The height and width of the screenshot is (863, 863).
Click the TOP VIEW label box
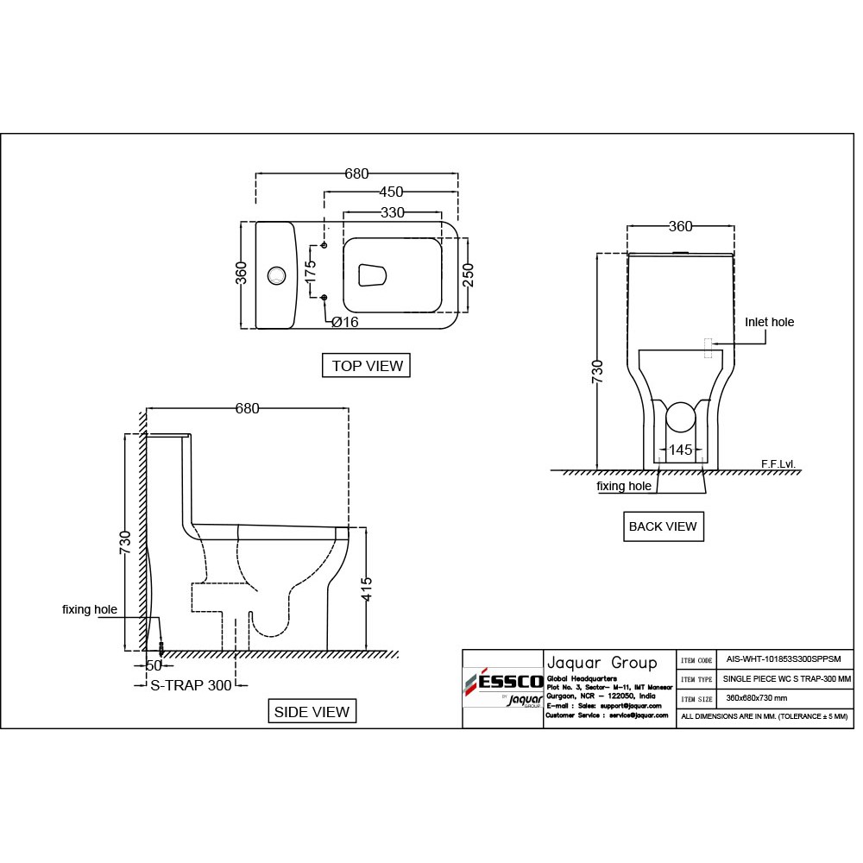[367, 366]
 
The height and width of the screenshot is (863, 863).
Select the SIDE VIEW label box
[312, 712]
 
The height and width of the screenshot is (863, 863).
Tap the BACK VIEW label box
[663, 526]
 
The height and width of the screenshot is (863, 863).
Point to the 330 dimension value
[393, 212]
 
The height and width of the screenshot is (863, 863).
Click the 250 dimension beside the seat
[469, 276]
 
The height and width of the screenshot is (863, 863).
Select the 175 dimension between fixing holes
[311, 271]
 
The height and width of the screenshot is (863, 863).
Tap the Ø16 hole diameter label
[344, 322]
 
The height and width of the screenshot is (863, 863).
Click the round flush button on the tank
[276, 275]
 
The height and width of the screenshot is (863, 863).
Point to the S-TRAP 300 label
[191, 685]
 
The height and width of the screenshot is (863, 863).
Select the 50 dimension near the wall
[154, 665]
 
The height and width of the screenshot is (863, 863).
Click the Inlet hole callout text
[769, 322]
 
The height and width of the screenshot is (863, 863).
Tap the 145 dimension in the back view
[680, 450]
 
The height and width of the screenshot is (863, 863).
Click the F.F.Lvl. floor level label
[778, 463]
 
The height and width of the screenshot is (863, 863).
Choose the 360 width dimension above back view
[680, 226]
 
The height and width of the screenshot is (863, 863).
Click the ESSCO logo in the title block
[501, 683]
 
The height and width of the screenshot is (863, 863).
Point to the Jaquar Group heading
[602, 663]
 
